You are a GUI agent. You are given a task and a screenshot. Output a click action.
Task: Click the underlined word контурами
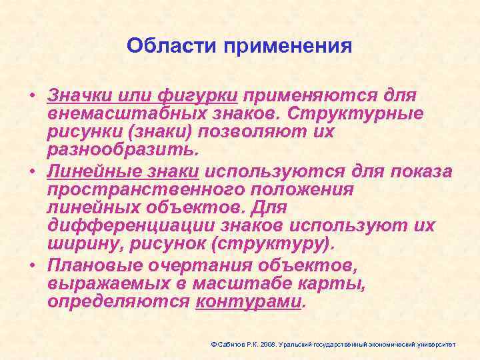click(x=249, y=303)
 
